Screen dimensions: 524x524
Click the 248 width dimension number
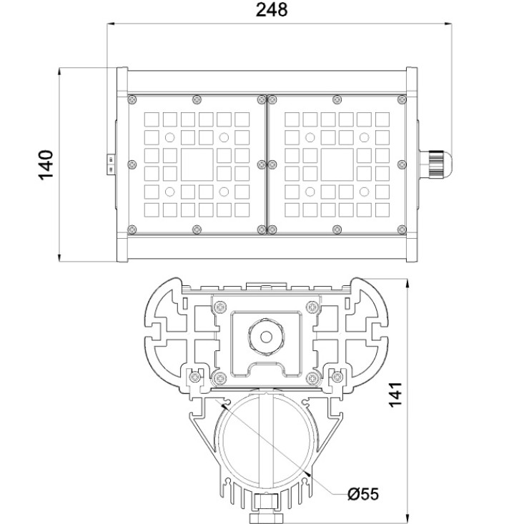coord(272,10)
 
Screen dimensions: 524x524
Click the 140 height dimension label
coord(46,165)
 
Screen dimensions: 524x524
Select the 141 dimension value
coord(395,395)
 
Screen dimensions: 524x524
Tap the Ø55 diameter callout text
coord(363,493)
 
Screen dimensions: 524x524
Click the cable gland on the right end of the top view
coord(435,164)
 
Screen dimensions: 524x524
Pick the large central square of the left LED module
coord(197,164)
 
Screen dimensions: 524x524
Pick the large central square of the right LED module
coord(337,164)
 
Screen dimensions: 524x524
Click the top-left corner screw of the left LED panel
coord(132,99)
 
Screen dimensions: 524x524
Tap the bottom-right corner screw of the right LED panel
coord(402,229)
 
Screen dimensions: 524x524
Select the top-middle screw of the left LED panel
coord(197,99)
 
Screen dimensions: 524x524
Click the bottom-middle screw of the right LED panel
coord(337,229)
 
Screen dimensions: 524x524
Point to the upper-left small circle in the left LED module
coord(169,137)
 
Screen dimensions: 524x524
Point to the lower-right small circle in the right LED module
coord(364,192)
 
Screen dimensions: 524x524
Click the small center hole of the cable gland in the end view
coord(266,337)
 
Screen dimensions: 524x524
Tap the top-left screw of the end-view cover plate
coord(220,307)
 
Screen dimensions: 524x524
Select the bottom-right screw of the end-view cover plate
coord(312,378)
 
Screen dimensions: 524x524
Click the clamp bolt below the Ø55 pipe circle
coord(267,508)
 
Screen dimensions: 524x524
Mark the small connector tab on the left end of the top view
coord(111,164)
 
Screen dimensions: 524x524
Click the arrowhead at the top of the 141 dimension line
coord(407,282)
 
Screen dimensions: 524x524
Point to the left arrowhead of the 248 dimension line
coord(111,24)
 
